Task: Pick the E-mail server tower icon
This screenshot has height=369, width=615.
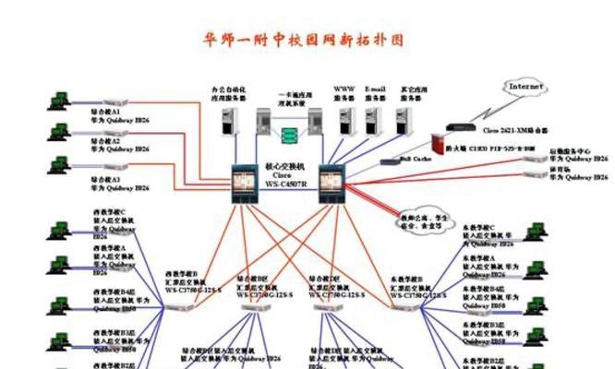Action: [373, 120]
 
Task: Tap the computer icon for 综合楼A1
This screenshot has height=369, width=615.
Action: [59, 100]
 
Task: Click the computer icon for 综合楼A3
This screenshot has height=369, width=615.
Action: [59, 167]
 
